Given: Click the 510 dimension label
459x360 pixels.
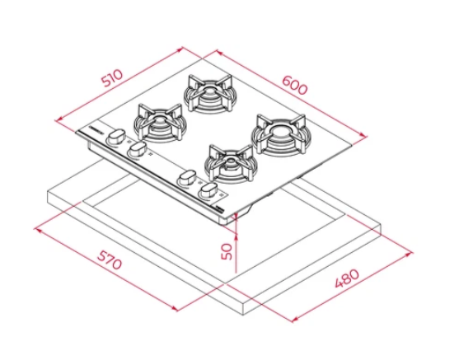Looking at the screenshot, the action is (112, 78).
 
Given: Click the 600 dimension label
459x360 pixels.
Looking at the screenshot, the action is (295, 85).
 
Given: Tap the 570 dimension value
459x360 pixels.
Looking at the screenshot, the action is (109, 260).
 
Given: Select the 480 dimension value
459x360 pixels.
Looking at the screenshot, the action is (347, 278).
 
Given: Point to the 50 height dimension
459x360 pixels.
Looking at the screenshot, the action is (227, 251).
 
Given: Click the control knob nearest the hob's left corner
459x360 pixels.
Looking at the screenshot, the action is (115, 137).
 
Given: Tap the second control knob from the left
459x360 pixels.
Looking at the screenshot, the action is (137, 150).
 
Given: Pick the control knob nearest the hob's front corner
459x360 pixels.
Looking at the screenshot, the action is (208, 191).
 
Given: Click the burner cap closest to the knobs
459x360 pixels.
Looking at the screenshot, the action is (231, 161).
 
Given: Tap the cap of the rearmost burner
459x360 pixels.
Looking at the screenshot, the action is (208, 91).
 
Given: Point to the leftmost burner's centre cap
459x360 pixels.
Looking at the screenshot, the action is (160, 119).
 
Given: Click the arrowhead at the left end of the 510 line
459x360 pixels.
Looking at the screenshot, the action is (59, 119).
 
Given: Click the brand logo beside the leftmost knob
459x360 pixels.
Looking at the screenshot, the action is (94, 129).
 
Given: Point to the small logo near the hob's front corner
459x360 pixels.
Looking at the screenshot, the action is (220, 208).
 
